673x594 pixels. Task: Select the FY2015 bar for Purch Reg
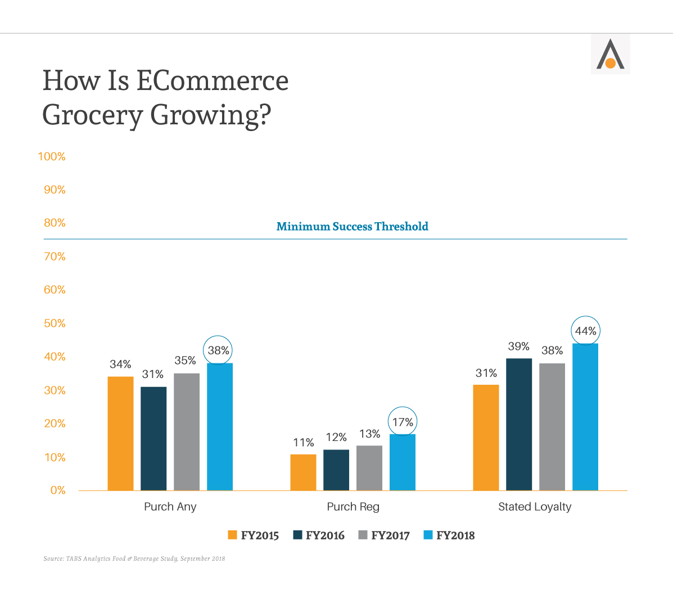tap(303, 472)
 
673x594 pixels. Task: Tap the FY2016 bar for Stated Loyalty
tap(519, 424)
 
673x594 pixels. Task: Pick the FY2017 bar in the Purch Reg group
tap(369, 468)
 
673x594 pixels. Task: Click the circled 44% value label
tap(585, 331)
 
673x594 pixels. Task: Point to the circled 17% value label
tap(403, 422)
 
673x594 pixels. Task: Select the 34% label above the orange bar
tap(120, 364)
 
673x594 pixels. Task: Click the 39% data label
tap(519, 346)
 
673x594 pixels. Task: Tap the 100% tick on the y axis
tap(52, 157)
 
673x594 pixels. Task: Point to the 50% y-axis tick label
tap(55, 323)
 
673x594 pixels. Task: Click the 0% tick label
tap(58, 490)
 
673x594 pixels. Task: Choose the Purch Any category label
tap(170, 507)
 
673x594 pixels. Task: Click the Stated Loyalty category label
tap(535, 507)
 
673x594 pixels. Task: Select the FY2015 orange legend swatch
tap(232, 535)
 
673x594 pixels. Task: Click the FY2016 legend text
tap(325, 535)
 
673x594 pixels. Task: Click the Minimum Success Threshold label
tap(353, 227)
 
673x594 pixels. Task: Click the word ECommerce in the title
tap(212, 80)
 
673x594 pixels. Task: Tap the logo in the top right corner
tap(610, 55)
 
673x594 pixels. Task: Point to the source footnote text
tap(134, 559)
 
